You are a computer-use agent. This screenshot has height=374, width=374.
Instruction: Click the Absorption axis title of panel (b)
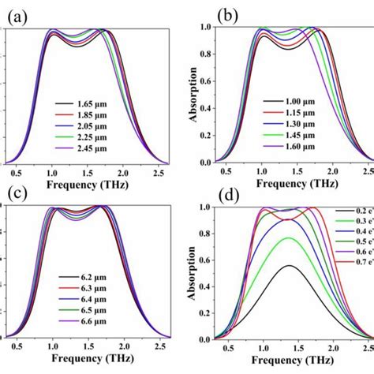[195, 95]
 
